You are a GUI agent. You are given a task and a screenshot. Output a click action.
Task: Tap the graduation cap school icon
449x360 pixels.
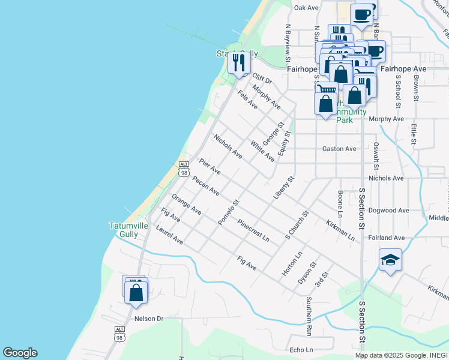(x=390, y=260)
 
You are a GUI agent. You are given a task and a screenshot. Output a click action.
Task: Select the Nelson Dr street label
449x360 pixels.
(x=149, y=319)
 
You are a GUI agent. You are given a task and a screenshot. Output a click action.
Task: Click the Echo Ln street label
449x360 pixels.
(x=301, y=350)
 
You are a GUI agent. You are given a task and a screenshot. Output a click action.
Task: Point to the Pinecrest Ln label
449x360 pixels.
(x=253, y=230)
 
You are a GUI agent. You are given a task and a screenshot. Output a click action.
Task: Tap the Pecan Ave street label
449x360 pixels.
(x=206, y=185)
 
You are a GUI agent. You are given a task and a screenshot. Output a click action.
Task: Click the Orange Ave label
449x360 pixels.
(x=186, y=204)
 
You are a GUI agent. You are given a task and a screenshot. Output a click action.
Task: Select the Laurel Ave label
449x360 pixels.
(x=169, y=235)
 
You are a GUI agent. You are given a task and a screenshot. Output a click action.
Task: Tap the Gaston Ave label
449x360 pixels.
(x=339, y=149)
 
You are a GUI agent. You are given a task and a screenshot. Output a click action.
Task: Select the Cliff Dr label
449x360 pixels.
(x=262, y=79)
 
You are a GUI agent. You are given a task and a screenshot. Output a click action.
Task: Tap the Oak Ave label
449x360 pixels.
(x=306, y=8)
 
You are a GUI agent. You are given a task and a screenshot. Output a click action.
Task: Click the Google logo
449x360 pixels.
(x=20, y=353)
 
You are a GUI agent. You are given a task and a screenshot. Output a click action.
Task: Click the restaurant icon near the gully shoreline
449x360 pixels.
(x=240, y=62)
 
